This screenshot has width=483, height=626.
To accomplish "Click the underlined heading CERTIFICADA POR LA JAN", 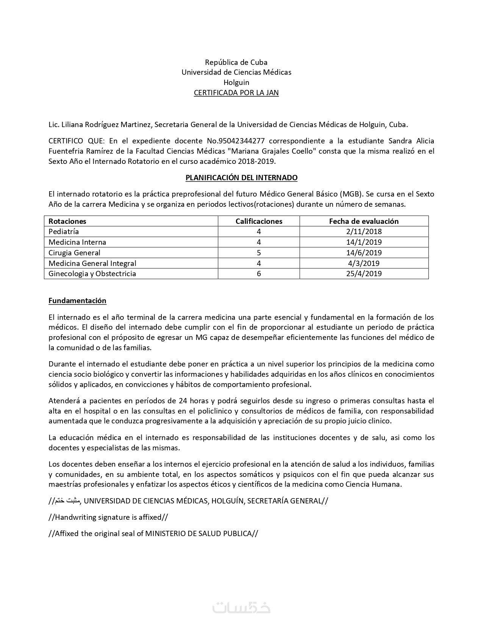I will tap(236, 93).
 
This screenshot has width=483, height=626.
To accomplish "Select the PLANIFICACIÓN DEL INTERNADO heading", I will tap(241, 178).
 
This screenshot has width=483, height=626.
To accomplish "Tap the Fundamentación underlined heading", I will tap(77, 301).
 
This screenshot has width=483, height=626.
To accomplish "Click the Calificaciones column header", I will tap(259, 221).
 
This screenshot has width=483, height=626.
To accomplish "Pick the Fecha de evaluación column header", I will tap(364, 221).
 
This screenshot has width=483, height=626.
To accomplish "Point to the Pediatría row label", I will tap(64, 231).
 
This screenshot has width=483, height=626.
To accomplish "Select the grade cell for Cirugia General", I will tap(259, 253).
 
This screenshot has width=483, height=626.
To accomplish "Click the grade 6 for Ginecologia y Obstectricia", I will tap(259, 274).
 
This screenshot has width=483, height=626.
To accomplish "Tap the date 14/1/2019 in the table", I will tap(364, 242).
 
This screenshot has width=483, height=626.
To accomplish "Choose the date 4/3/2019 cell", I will tap(364, 263).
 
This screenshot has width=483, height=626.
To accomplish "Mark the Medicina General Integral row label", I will tap(92, 263).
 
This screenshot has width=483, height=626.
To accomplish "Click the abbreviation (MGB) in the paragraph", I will tap(351, 194).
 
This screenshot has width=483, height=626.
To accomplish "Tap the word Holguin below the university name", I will tap(236, 83).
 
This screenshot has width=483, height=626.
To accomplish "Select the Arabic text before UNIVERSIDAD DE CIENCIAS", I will tap(67, 501).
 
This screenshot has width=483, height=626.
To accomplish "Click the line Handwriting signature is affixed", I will tap(108, 517).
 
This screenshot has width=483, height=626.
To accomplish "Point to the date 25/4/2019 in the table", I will tap(364, 274).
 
